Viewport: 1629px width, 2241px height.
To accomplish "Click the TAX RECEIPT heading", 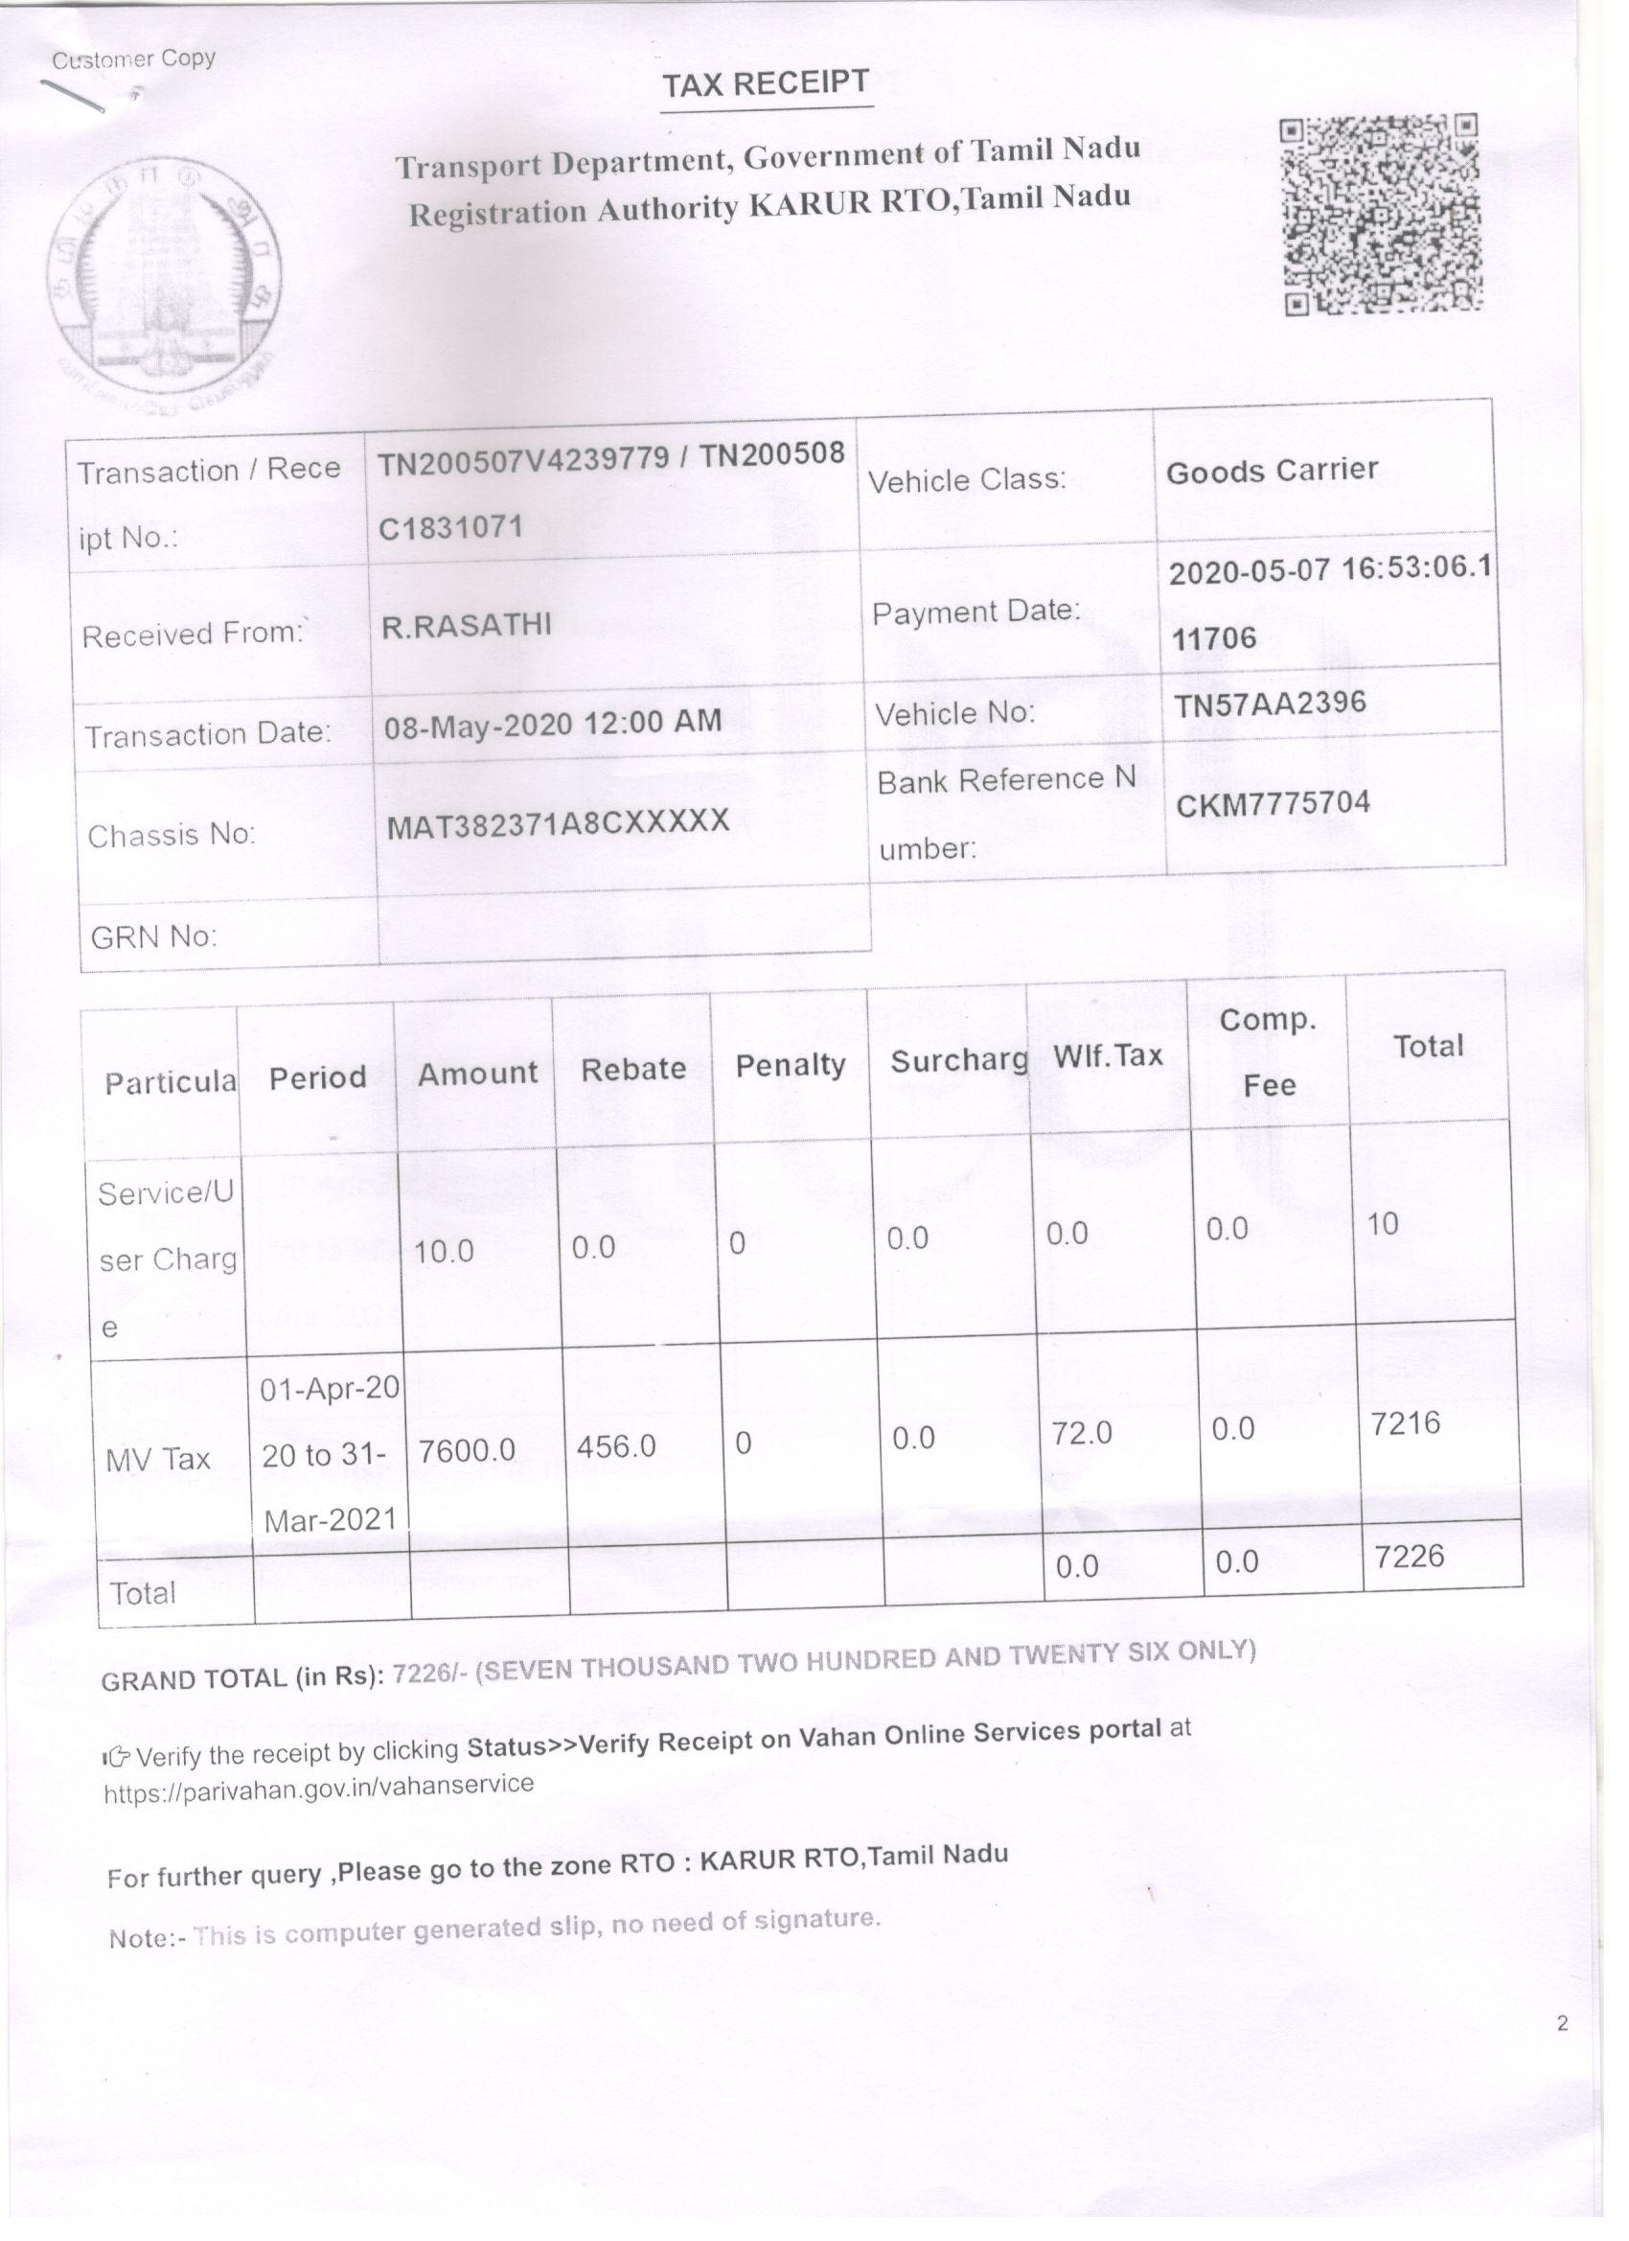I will [x=766, y=85].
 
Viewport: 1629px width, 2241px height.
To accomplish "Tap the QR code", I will [x=1381, y=215].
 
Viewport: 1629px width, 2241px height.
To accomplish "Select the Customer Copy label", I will [x=133, y=59].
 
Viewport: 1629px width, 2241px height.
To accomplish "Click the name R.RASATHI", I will [x=467, y=626].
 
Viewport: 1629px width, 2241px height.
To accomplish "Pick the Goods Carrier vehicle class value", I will [x=1272, y=471].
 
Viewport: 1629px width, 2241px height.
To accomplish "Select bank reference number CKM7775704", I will [x=1273, y=803].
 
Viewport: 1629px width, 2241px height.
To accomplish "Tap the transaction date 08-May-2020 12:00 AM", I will [x=552, y=724].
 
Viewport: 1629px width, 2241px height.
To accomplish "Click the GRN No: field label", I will [x=153, y=936].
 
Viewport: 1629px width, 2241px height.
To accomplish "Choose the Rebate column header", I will [x=633, y=1069].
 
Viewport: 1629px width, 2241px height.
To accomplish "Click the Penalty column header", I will [x=791, y=1065].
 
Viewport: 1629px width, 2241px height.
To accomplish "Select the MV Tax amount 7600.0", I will [x=467, y=1449].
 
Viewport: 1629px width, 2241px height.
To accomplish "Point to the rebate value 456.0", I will [x=616, y=1446].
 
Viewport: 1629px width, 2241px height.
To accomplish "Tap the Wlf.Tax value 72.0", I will [x=1082, y=1433].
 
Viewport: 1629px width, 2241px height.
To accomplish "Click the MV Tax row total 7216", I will [x=1405, y=1423].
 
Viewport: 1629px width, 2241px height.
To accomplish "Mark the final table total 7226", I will [x=1409, y=1557].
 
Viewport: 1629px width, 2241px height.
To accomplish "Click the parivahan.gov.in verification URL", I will [x=318, y=1788].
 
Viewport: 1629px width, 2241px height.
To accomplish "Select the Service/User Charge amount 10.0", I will [x=444, y=1252].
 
